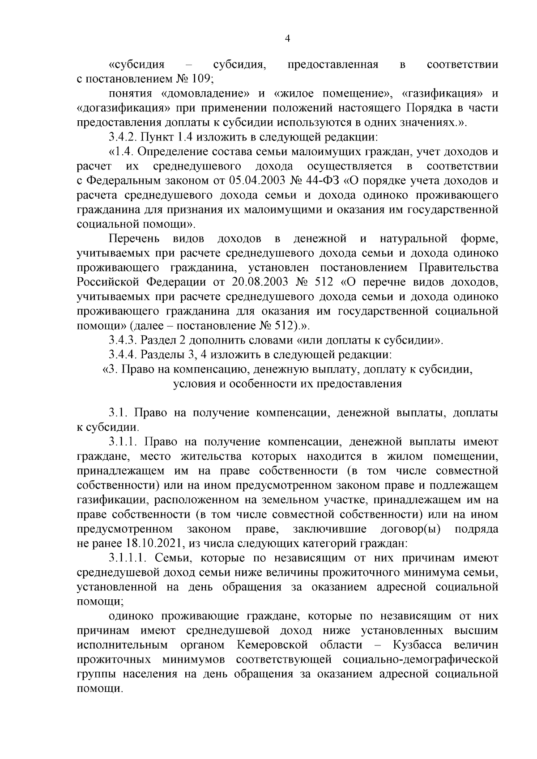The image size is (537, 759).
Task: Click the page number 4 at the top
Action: [x=288, y=39]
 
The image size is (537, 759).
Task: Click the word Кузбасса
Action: [x=418, y=645]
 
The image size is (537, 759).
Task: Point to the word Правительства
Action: [x=459, y=268]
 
